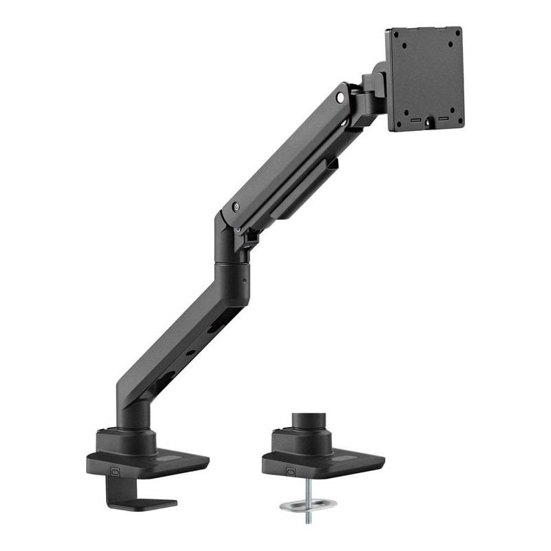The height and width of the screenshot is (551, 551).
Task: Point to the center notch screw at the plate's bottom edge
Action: click(x=428, y=123)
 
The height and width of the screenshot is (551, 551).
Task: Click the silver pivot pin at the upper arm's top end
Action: click(x=340, y=98)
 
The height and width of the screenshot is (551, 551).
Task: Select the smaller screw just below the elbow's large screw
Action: click(x=238, y=229)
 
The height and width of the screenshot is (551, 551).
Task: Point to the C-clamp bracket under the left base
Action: click(x=131, y=492)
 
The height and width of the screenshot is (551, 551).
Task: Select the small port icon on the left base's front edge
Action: click(x=114, y=472)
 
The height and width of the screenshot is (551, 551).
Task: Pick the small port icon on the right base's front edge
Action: click(x=290, y=472)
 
